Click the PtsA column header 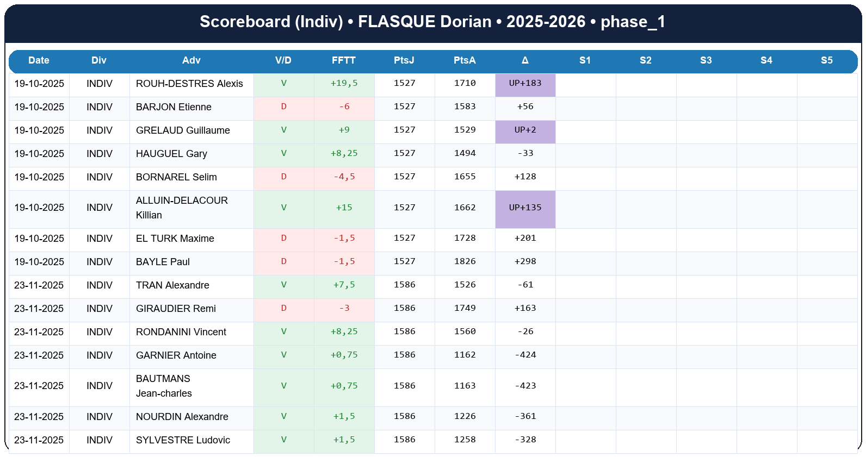465,60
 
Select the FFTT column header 344,60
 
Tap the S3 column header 706,60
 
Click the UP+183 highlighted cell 525,84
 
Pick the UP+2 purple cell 525,130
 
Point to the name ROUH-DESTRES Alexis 189,84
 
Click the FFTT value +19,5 344,84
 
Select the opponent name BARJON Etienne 174,107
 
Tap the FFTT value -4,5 344,177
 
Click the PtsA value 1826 465,262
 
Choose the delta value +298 525,262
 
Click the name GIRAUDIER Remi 176,309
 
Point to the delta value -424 525,355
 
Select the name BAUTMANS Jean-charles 164,386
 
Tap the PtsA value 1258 465,440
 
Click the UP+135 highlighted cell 525,208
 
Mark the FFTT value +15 344,208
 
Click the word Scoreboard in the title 245,22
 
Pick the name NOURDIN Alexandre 182,417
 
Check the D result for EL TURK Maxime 283,239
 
